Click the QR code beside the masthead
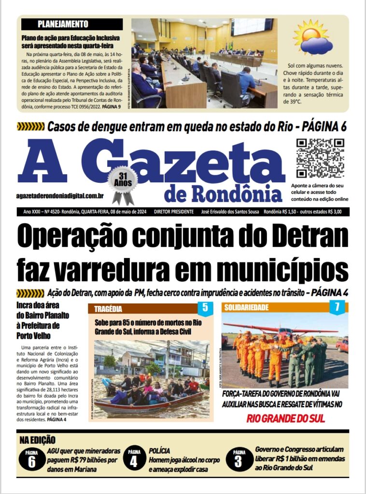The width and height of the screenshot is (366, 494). click(x=319, y=158)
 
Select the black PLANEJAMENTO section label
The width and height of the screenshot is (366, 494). click(x=63, y=24)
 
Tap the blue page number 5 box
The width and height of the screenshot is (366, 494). click(x=205, y=307)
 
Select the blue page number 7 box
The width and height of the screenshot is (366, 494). click(x=337, y=307)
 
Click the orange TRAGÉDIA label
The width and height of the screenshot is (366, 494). click(x=109, y=309)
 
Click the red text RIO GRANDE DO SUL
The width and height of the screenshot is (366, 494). click(x=285, y=418)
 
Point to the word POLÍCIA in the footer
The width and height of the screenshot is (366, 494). click(x=160, y=450)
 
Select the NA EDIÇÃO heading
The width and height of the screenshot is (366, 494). click(x=38, y=439)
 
